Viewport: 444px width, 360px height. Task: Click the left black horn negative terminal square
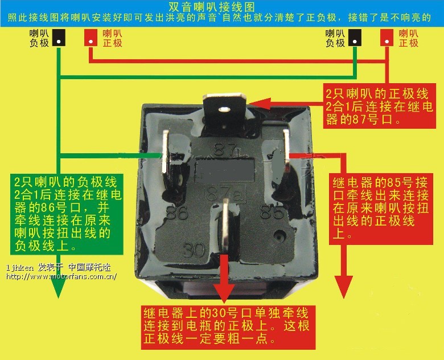[x=59, y=38]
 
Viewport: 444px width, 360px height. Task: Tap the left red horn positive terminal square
[x=91, y=38]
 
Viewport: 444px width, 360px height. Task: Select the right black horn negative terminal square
[x=355, y=38]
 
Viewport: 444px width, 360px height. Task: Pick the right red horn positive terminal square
[x=387, y=38]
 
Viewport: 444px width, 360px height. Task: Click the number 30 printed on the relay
[x=194, y=249]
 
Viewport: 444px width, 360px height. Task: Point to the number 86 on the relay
[x=177, y=212]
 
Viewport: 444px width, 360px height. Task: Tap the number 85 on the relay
[x=272, y=212]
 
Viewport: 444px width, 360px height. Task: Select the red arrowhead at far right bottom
[x=344, y=287]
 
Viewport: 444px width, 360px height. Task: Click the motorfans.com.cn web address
[x=61, y=276]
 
